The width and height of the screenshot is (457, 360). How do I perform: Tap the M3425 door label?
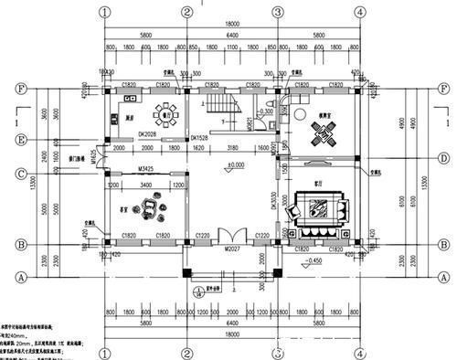(146, 169)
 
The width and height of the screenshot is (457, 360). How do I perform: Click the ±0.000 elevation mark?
(235, 166)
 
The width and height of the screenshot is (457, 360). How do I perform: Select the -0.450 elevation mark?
(314, 260)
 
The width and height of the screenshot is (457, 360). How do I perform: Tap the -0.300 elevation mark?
(266, 111)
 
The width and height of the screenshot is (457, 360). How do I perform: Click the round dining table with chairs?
(166, 115)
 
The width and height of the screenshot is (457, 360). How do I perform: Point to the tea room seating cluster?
(148, 212)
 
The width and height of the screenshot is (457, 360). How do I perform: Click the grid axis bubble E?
(20, 140)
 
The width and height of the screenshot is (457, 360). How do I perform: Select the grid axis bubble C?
(20, 171)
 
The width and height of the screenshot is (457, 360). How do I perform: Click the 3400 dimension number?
(146, 184)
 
